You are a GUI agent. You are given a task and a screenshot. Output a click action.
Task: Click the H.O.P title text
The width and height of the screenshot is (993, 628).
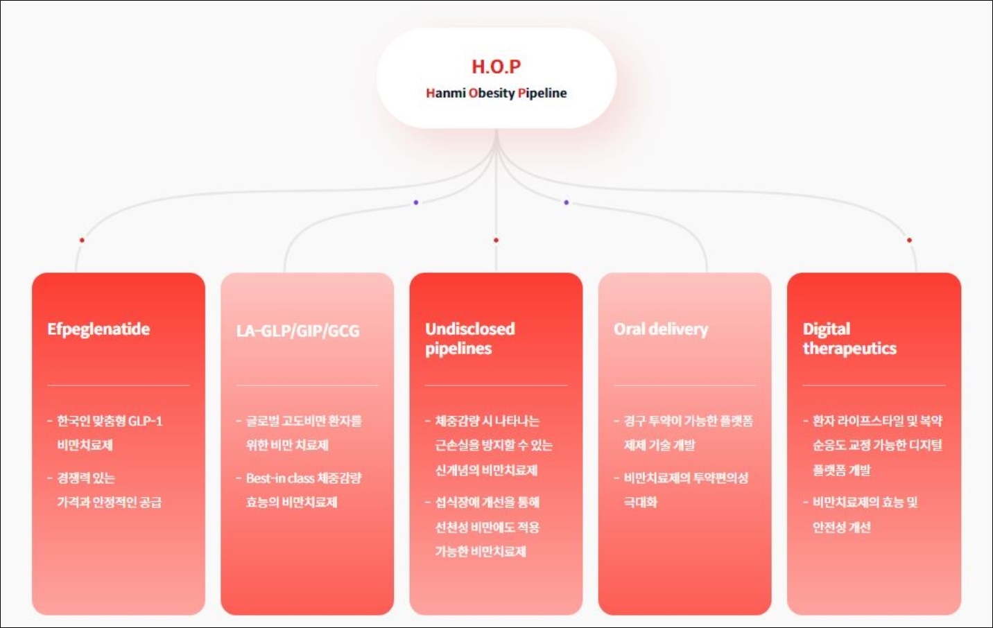coord(496,67)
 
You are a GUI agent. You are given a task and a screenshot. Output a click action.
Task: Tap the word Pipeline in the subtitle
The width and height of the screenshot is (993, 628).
coord(542,93)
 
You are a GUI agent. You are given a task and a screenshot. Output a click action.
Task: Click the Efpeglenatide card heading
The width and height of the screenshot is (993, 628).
coord(98,329)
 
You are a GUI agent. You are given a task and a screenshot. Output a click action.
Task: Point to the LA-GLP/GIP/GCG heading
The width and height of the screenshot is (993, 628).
coord(298,331)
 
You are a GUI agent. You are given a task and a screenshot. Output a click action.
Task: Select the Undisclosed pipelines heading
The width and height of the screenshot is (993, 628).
coord(470,339)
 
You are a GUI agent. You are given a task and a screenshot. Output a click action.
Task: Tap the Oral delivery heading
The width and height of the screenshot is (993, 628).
coord(661,329)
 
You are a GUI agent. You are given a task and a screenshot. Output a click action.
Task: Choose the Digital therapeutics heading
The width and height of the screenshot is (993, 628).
coord(849,339)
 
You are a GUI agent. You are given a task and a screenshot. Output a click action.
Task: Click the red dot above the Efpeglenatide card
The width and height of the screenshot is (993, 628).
coord(82,241)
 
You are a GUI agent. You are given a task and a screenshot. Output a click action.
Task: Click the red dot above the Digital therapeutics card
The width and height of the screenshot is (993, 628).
coord(909,241)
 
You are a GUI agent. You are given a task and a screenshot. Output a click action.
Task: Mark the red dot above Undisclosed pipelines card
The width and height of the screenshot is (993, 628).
coord(496,241)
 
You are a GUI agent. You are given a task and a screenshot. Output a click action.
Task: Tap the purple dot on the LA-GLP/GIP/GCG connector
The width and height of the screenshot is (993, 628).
coord(416,202)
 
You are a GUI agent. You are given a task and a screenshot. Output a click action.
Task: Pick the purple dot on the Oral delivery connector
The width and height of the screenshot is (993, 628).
coord(566,202)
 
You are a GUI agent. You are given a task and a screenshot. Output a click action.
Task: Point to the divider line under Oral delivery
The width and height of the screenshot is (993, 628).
coord(684,385)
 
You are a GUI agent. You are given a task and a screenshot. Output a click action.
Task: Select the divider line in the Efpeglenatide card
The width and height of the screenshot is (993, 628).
coord(119,385)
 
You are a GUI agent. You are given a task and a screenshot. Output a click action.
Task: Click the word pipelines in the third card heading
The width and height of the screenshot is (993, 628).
coord(458,349)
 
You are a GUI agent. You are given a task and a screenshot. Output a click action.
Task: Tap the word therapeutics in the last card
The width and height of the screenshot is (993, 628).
coord(849,349)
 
